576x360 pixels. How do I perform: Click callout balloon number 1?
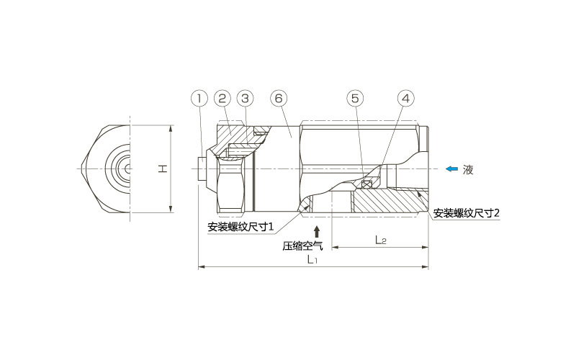[199, 99]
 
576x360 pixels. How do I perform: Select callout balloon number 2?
[222, 99]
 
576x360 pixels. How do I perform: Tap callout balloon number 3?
[245, 99]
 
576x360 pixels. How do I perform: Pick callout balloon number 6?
[279, 99]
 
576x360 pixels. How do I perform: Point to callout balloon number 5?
[355, 99]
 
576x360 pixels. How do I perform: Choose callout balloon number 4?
[405, 99]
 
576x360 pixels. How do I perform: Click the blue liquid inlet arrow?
[452, 168]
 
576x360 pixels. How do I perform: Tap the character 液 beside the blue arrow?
[468, 169]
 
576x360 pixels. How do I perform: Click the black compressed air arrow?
[317, 232]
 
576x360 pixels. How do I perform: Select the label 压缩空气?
[302, 246]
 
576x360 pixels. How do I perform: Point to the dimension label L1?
[312, 260]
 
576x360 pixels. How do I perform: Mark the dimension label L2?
[381, 240]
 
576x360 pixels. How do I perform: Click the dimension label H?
[163, 168]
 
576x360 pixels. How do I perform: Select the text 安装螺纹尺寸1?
[240, 227]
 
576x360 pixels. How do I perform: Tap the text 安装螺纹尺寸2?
[466, 213]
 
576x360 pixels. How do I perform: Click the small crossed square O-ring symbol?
[365, 184]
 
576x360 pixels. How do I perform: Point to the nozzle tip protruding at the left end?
[202, 168]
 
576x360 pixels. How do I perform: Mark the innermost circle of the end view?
[127, 168]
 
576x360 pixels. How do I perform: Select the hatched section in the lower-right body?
[390, 201]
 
